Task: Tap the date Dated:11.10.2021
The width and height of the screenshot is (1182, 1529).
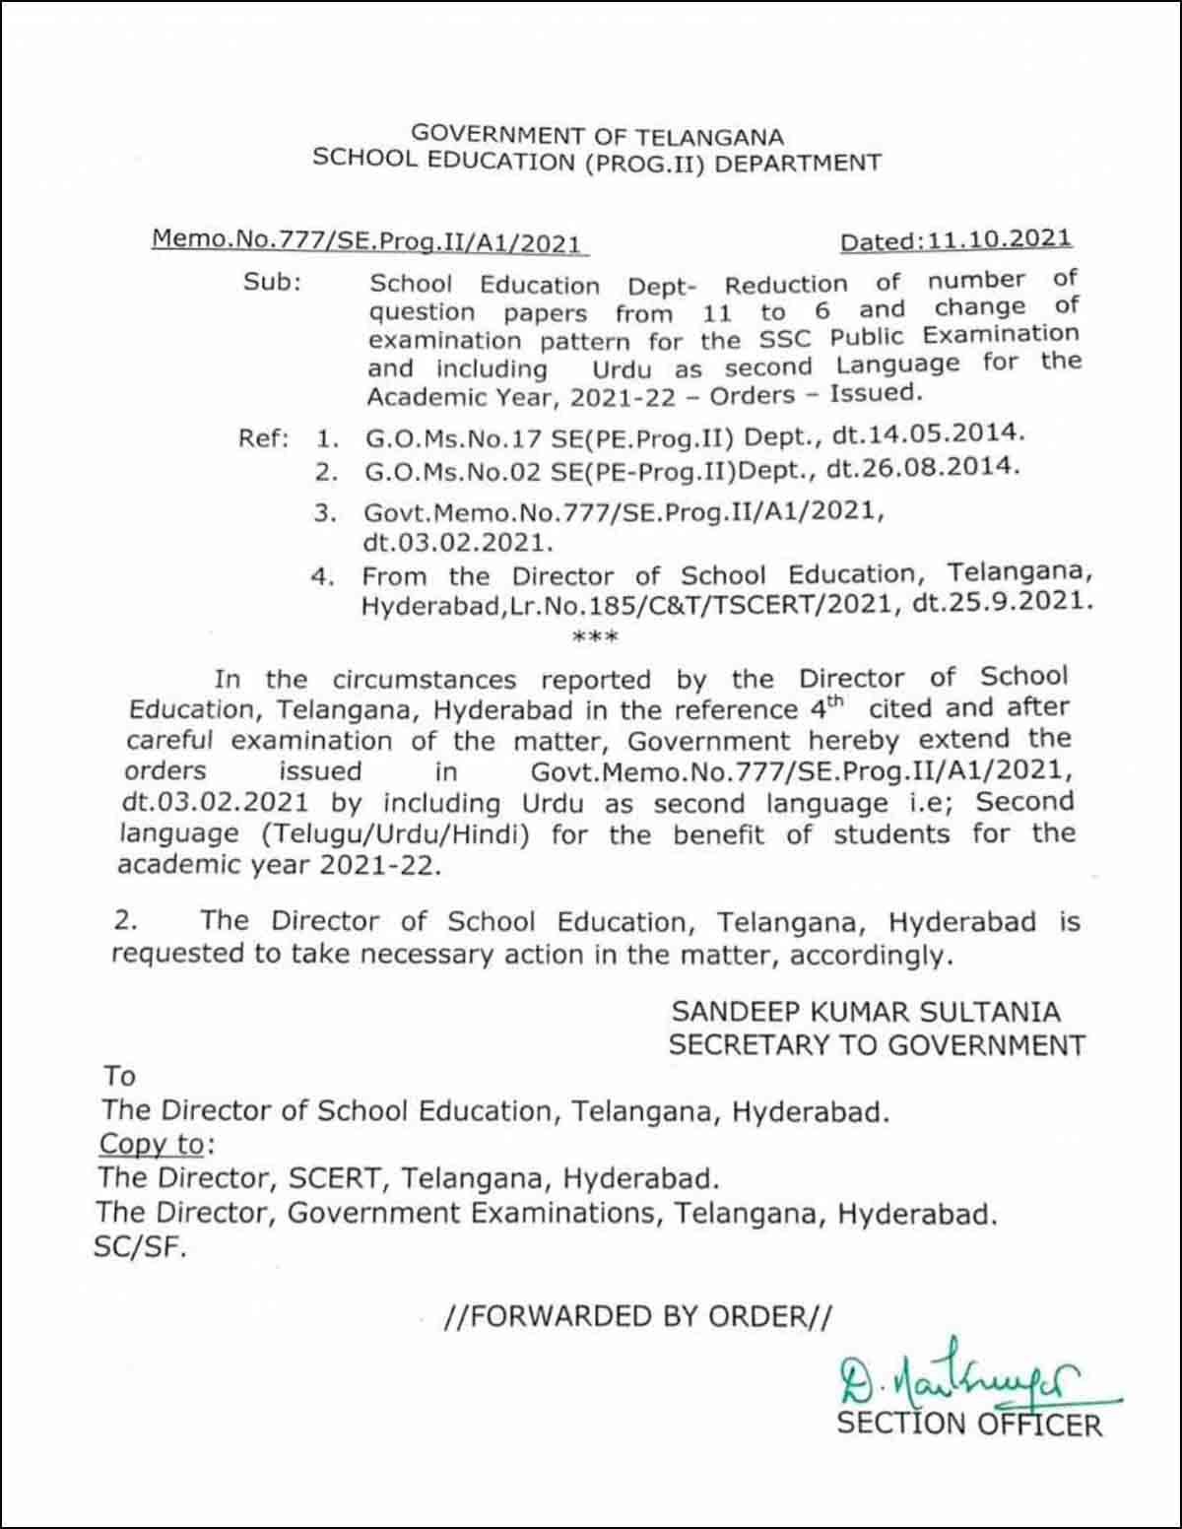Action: coord(955,238)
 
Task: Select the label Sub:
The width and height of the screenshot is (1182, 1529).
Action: coord(273,282)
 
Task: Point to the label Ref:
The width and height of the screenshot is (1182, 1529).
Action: coord(263,437)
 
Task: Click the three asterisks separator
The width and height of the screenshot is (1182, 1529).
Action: coord(595,637)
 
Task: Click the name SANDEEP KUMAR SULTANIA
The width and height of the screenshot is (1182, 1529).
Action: coord(866,1012)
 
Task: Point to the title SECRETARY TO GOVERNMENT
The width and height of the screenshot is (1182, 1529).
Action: coord(877,1045)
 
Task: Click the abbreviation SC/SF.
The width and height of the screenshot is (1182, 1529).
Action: coord(139,1248)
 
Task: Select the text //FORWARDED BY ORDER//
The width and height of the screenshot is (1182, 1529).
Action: coord(638,1317)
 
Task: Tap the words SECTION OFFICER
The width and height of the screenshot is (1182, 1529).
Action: coord(969,1425)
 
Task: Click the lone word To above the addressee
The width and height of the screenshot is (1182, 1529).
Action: coord(119,1076)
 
